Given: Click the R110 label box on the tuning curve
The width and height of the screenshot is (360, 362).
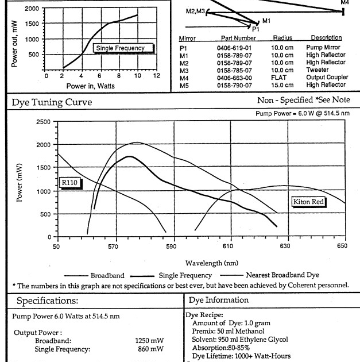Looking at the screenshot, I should point(71,184).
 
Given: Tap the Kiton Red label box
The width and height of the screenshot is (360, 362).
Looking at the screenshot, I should point(308,202).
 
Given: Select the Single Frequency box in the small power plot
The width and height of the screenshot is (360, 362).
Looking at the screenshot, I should point(123,48).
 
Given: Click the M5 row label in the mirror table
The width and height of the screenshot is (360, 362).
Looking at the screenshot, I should point(184,84).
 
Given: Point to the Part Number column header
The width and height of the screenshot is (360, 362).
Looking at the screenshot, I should point(234,38).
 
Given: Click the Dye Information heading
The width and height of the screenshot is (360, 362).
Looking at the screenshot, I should point(219,300).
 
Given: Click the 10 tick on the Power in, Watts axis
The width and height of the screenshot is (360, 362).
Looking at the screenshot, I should point(138,76).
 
